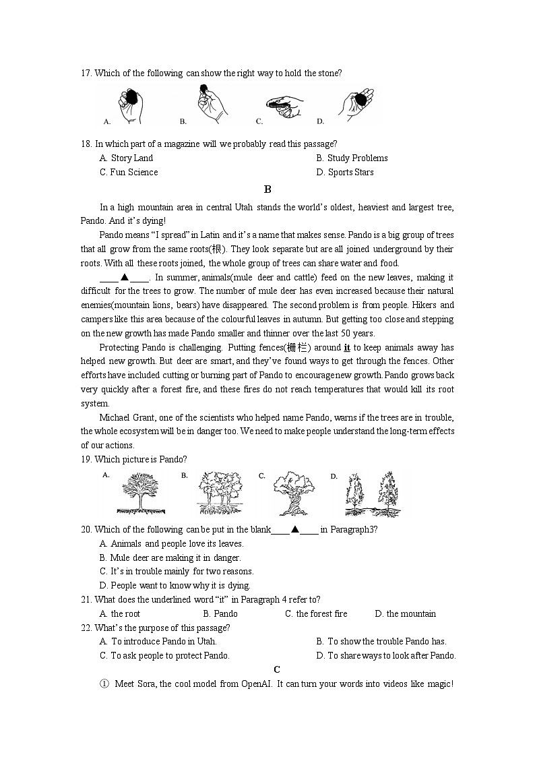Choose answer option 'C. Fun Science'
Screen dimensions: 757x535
(129, 172)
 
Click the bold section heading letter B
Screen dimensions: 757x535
(267, 189)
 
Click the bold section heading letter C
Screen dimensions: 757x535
(276, 669)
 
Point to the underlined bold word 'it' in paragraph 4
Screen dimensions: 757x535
(347, 348)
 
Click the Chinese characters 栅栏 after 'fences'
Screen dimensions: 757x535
(296, 348)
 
